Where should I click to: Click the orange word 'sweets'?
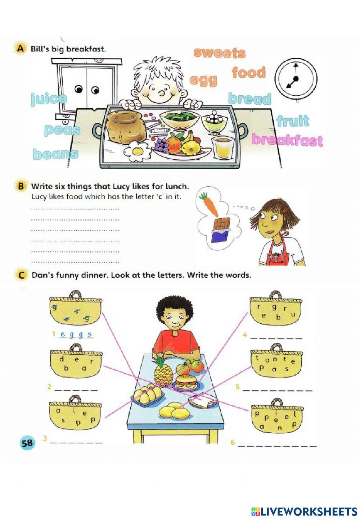219,53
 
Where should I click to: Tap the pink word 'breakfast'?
287,140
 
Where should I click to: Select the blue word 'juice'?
49,99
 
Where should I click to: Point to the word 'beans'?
55,154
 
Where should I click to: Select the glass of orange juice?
221,147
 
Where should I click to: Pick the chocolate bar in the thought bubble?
221,230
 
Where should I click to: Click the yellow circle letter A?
20,49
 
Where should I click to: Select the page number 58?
27,442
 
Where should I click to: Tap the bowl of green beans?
180,119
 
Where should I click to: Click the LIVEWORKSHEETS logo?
304,511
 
